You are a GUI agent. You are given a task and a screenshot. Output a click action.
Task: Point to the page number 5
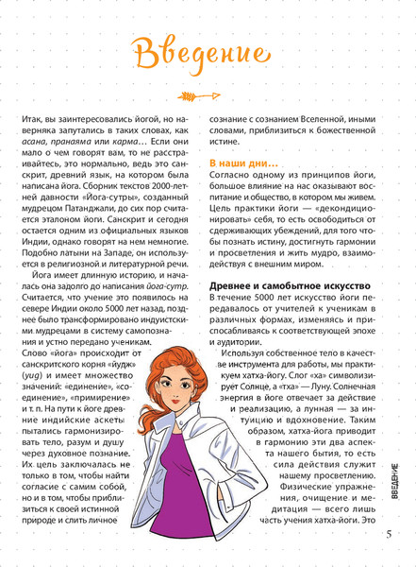pos(390,533)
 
